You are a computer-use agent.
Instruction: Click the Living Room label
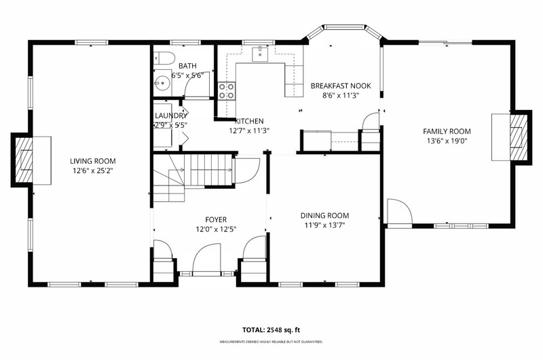coord(93,161)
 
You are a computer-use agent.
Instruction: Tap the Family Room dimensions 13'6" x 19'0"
coord(447,141)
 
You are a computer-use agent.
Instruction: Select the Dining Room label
coord(324,215)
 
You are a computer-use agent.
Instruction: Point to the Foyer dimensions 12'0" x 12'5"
coord(216,229)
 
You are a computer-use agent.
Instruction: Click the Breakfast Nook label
coord(341,86)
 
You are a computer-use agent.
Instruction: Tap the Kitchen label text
coord(249,122)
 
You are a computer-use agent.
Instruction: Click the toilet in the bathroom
coord(162,58)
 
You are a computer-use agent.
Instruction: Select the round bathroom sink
coord(162,83)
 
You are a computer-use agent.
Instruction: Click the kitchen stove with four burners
coord(226,91)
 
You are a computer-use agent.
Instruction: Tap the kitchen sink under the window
coord(261,54)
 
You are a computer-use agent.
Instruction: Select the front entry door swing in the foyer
coord(207,259)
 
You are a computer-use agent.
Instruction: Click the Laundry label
coord(171,115)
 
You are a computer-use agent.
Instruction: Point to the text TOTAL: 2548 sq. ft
coord(271,330)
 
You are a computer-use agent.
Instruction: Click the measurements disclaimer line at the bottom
coord(271,342)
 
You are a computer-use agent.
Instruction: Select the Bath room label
coord(187,66)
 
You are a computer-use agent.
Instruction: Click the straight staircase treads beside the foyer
coord(208,170)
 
